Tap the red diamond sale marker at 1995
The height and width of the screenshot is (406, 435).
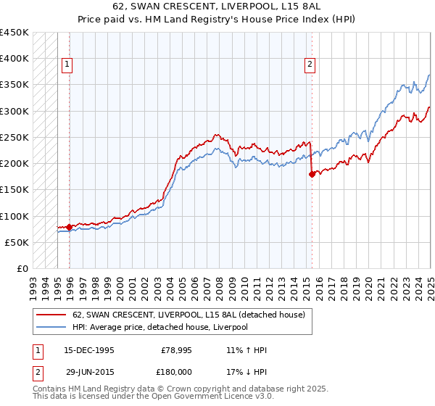click(70, 227)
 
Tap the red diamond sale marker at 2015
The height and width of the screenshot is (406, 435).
click(312, 174)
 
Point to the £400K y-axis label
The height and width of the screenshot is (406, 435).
click(14, 59)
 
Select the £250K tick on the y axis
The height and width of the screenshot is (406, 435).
click(14, 137)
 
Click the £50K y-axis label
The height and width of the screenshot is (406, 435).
click(17, 242)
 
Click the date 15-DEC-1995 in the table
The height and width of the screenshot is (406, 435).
click(88, 350)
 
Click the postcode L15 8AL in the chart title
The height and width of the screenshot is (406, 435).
click(293, 9)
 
